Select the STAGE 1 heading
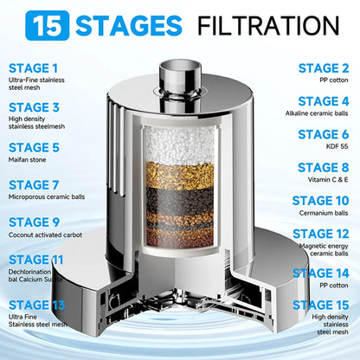(35, 68)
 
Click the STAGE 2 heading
(323, 67)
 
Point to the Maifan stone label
(31, 162)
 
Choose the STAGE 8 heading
(323, 168)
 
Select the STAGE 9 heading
(35, 222)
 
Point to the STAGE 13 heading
(35, 304)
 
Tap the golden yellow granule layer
(180, 171)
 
